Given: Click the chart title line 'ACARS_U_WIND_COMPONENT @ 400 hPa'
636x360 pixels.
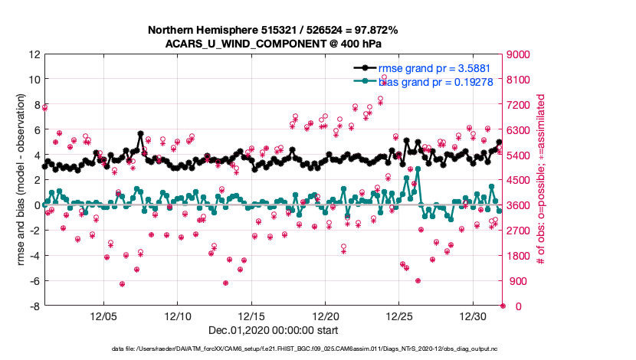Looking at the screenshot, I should pos(274,43).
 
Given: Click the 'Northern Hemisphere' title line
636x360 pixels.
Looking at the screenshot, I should pos(274,30).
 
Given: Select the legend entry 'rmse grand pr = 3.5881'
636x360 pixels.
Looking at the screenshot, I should pos(441,68).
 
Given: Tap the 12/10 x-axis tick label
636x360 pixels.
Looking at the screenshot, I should pos(178,316).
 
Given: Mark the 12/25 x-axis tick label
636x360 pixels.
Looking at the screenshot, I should pos(400,316).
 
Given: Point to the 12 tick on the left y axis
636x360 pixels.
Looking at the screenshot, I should pos(34,54).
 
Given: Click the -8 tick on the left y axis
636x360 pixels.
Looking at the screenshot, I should pos(34,306).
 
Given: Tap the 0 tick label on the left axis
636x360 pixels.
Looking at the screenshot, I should pos(36,205).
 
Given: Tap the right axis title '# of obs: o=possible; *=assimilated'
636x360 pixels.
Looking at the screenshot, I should pos(543,180).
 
